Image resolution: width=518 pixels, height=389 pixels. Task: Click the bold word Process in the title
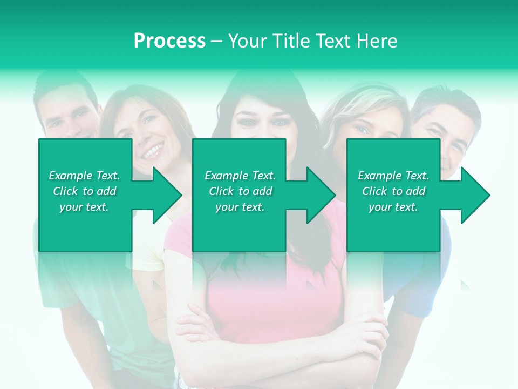point(169,41)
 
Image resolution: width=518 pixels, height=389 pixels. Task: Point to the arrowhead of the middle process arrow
point(318,195)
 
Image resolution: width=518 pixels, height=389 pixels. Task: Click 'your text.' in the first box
point(84,207)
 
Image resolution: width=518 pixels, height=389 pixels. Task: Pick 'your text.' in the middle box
point(240,207)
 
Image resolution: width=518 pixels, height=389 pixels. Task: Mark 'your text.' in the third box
point(393,207)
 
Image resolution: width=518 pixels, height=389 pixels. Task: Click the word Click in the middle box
point(221,191)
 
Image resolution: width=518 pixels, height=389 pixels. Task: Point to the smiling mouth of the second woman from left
point(153,149)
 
